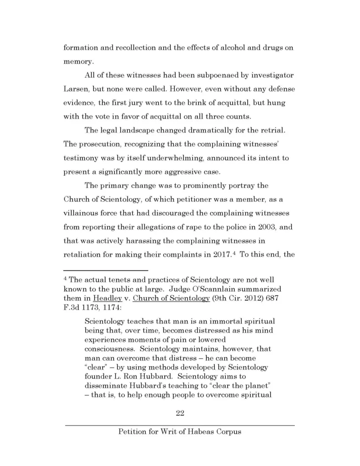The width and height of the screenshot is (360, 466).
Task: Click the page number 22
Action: (x=180, y=413)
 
